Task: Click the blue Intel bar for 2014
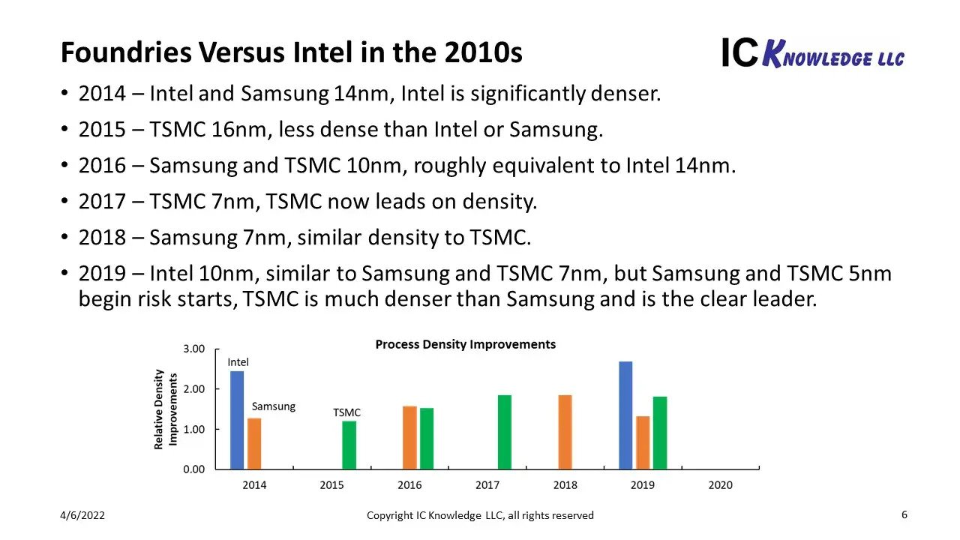pyautogui.click(x=237, y=420)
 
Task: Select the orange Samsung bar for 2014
pyautogui.click(x=254, y=443)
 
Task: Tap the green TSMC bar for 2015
pyautogui.click(x=349, y=445)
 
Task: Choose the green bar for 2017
pyautogui.click(x=505, y=432)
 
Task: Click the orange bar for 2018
pyautogui.click(x=565, y=432)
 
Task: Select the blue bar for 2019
pyautogui.click(x=625, y=415)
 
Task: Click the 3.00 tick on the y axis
pyautogui.click(x=193, y=349)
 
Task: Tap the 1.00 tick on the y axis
pyautogui.click(x=193, y=429)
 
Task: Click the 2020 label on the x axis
pyautogui.click(x=720, y=485)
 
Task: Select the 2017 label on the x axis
pyautogui.click(x=487, y=485)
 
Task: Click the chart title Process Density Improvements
pyautogui.click(x=465, y=345)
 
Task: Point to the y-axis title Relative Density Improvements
pyautogui.click(x=165, y=409)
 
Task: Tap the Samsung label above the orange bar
pyautogui.click(x=273, y=406)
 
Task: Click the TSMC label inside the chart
pyautogui.click(x=346, y=412)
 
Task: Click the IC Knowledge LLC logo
pyautogui.click(x=812, y=54)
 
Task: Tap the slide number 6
pyautogui.click(x=904, y=514)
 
